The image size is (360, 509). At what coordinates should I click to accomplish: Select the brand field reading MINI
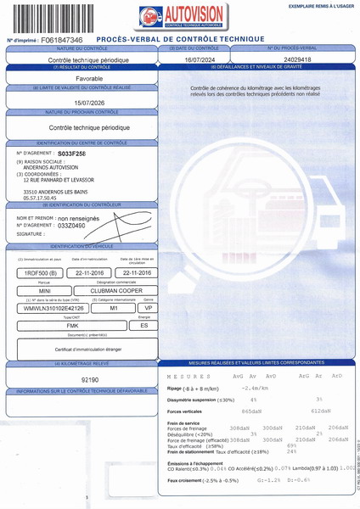coord(45,290)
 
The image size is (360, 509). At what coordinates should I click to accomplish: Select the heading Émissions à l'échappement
coord(198,463)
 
